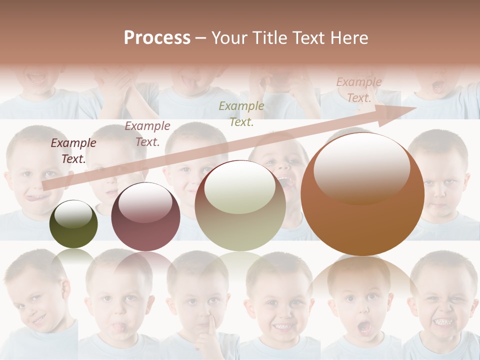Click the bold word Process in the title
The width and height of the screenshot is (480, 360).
(157, 38)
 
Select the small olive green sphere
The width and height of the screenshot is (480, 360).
(73, 224)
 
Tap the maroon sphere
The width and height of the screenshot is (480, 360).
(145, 217)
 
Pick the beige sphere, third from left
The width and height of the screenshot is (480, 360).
(240, 205)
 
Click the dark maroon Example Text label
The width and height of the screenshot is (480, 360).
(73, 150)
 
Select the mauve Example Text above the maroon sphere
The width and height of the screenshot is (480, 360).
(147, 133)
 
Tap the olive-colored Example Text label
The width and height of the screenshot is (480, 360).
(241, 113)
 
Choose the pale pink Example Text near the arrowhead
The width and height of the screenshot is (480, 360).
(359, 89)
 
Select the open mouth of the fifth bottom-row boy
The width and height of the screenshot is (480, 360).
(364, 327)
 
